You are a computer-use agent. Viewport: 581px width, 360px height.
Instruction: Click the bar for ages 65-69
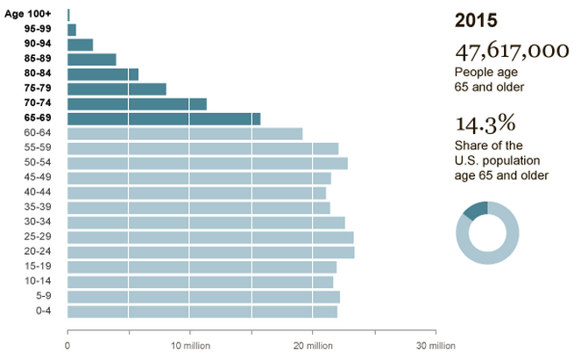pos(163,118)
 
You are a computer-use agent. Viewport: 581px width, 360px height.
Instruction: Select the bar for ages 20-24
pos(210,251)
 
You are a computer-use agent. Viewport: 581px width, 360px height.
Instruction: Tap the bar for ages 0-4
pos(202,312)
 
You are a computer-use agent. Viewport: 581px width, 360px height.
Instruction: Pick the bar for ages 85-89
pos(91,60)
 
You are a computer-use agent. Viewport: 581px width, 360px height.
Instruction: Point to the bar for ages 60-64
pos(184,133)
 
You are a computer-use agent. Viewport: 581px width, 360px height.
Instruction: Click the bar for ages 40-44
pos(196,193)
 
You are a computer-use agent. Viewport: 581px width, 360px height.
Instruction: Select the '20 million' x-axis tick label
pos(313,345)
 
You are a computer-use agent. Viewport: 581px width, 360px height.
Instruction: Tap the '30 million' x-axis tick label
pos(436,345)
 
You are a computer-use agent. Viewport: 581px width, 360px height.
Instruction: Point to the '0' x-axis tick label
pos(67,345)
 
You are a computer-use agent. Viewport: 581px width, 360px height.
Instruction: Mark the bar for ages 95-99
pos(72,30)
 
